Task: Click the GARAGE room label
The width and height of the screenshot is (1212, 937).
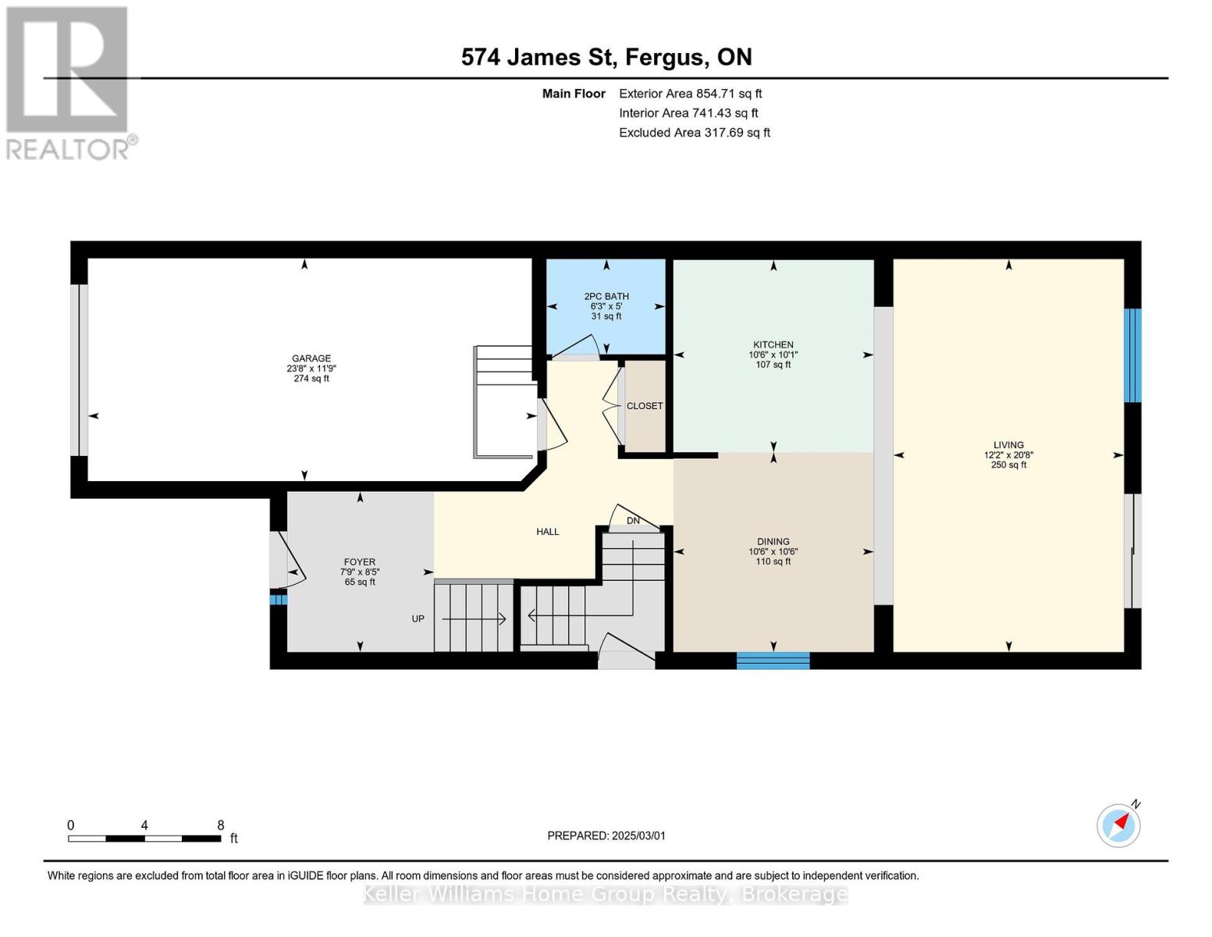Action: pyautogui.click(x=311, y=359)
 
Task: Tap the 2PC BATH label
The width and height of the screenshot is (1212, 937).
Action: pyautogui.click(x=606, y=297)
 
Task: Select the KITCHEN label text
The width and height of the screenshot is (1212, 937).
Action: pyautogui.click(x=773, y=345)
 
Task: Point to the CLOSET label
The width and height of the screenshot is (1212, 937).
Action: pyautogui.click(x=645, y=406)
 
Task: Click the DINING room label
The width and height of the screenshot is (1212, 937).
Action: pyautogui.click(x=773, y=542)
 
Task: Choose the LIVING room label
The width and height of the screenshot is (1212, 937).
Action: pyautogui.click(x=1008, y=445)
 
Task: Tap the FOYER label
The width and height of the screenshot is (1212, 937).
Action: pyautogui.click(x=360, y=562)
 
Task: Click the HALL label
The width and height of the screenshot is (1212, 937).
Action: pyautogui.click(x=547, y=532)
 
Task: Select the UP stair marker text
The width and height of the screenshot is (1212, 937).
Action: pyautogui.click(x=418, y=619)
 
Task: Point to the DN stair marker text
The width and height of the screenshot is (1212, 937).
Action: pyautogui.click(x=633, y=521)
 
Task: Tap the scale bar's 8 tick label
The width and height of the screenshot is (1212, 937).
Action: pyautogui.click(x=221, y=825)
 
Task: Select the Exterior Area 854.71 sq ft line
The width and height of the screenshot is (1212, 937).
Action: pyautogui.click(x=690, y=94)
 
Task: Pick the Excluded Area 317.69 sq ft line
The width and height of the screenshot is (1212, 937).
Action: pyautogui.click(x=694, y=133)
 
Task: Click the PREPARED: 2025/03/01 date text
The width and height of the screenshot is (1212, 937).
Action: pyautogui.click(x=606, y=835)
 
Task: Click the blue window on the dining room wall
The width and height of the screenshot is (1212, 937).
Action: pyautogui.click(x=773, y=661)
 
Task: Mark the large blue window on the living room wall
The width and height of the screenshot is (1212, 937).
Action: pyautogui.click(x=1132, y=355)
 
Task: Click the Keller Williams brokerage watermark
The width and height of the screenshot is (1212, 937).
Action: pyautogui.click(x=606, y=894)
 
